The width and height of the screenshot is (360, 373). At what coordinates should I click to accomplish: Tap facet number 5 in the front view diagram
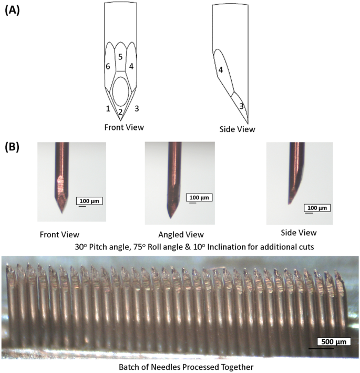[120, 56]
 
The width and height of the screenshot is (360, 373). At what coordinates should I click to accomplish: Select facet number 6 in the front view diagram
[108, 67]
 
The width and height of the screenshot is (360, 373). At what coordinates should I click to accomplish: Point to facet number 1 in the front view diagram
[108, 108]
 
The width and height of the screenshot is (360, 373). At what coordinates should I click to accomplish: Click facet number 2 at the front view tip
[120, 111]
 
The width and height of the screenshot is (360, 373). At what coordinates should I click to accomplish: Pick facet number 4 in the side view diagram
[221, 69]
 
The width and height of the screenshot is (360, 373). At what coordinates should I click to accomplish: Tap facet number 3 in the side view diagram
[241, 106]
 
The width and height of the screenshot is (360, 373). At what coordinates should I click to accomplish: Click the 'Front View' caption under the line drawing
[124, 127]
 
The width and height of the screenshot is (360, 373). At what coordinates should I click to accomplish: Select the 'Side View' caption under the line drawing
[238, 128]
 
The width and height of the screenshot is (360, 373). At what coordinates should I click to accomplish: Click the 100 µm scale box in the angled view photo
[199, 197]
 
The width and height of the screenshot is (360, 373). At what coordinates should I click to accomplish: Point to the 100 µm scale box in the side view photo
[316, 208]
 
